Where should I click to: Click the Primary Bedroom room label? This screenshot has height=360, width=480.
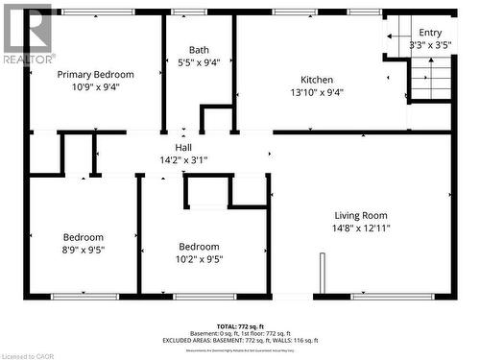[x=95, y=74]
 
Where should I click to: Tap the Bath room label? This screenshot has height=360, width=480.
[x=199, y=50]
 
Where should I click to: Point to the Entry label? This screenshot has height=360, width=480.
[x=430, y=33]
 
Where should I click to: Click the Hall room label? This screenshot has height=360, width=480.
[x=182, y=148]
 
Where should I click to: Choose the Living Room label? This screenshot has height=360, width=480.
[x=360, y=215]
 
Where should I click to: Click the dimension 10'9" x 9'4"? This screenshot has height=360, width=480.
[x=95, y=86]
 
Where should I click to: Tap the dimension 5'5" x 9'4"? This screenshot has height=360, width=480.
[x=199, y=62]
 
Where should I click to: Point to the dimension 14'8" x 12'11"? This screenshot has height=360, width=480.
[x=360, y=228]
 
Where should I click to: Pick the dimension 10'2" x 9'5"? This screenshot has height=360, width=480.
[x=199, y=257]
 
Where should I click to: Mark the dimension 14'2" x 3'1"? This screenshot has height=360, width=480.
[x=182, y=160]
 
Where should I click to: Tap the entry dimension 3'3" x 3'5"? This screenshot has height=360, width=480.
[x=430, y=45]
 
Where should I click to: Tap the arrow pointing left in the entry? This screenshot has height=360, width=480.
[x=393, y=36]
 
